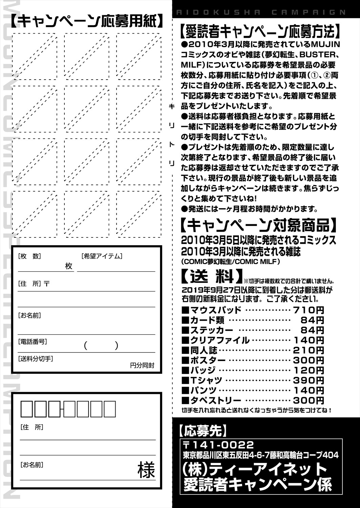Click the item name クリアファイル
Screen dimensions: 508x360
pyautogui.click(x=220, y=340)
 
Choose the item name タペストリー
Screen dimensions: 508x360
pyautogui.click(x=216, y=400)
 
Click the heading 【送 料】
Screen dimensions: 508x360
pyautogui.click(x=212, y=276)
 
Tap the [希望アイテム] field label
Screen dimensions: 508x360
pyautogui.click(x=102, y=256)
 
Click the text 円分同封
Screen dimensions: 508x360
pyautogui.click(x=142, y=365)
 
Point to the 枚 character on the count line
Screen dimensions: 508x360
pyautogui.click(x=69, y=266)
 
